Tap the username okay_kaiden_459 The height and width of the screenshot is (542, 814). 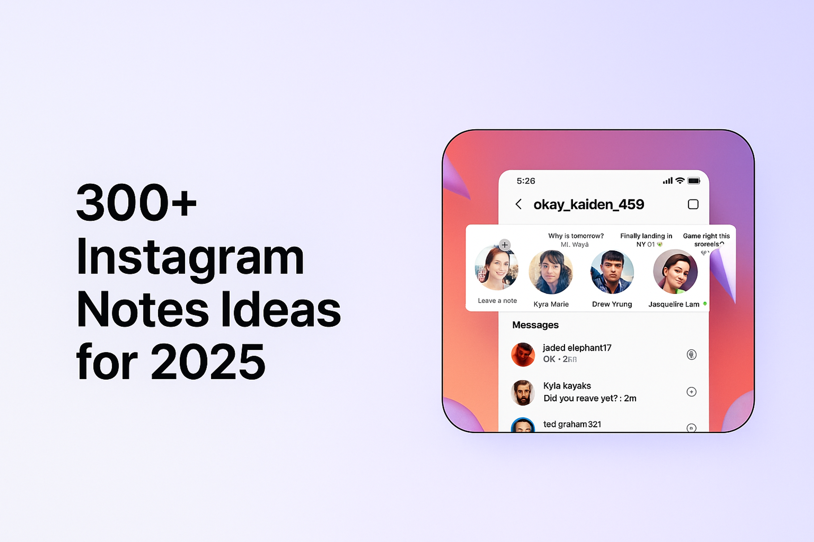[x=589, y=204]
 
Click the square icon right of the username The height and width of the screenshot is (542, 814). [x=693, y=204]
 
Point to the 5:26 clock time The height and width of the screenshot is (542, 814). [x=526, y=181]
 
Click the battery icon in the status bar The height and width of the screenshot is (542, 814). [x=694, y=181]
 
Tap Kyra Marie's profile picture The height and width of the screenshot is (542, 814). [x=551, y=272]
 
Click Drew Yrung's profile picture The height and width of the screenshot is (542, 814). [x=612, y=272]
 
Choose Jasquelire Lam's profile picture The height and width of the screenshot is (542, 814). [x=675, y=272]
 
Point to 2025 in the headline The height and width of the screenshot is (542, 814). [x=208, y=362]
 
